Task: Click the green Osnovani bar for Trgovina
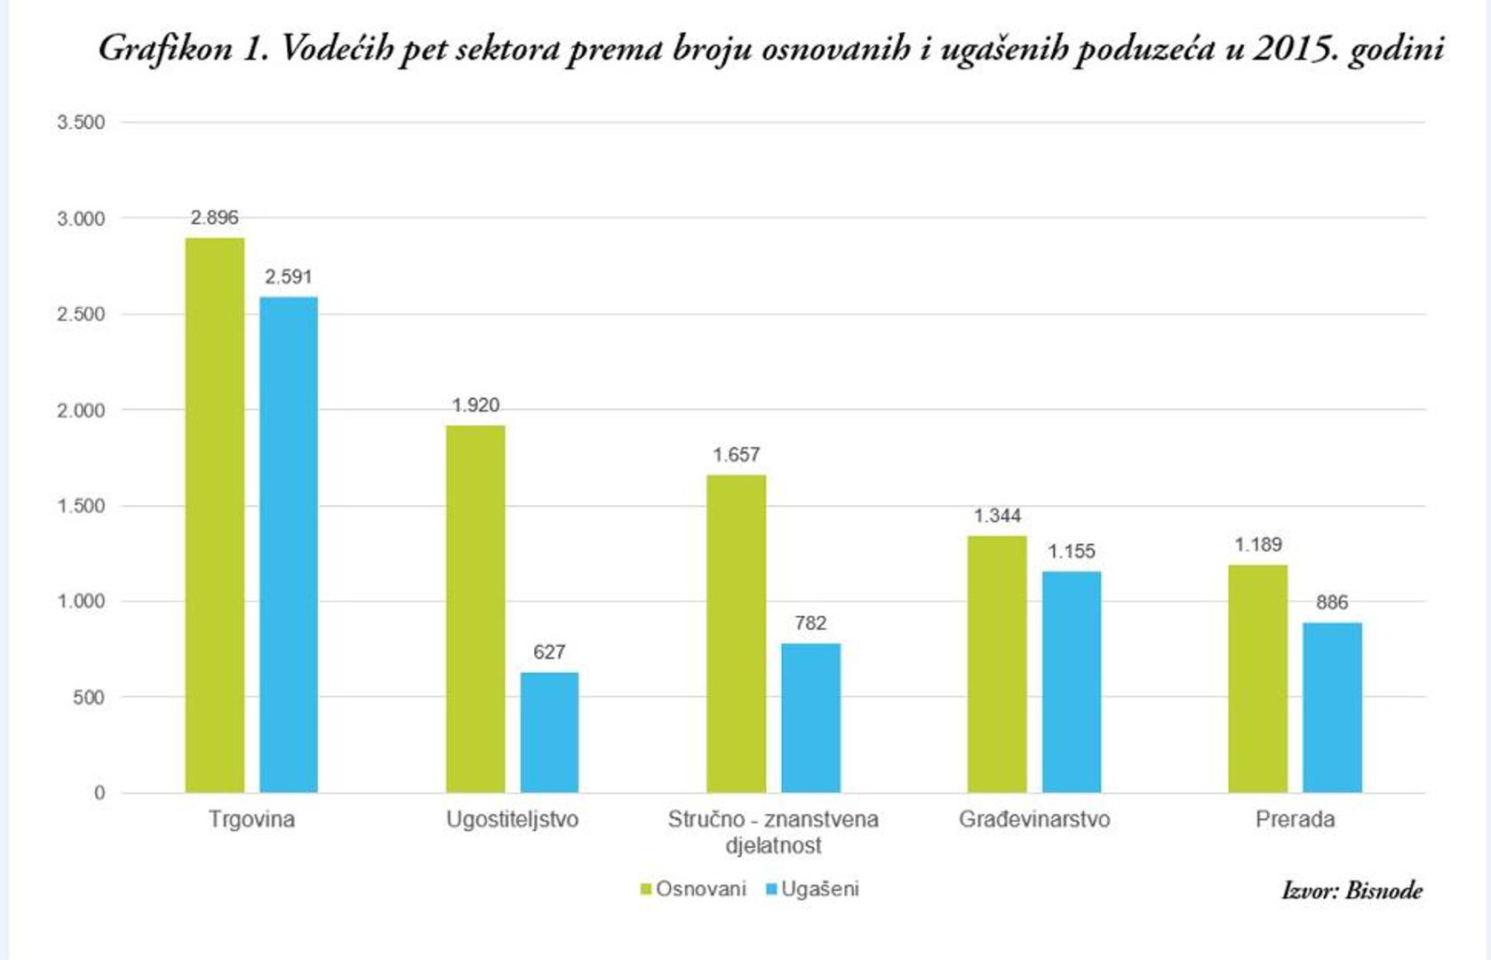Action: point(214,516)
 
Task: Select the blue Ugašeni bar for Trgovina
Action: point(289,544)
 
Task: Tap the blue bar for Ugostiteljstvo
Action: point(549,732)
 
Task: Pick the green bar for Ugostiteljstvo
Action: point(475,609)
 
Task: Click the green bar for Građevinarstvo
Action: point(997,664)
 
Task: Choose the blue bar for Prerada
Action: point(1332,708)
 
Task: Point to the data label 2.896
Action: point(214,218)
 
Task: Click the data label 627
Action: point(549,652)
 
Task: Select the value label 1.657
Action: point(736,455)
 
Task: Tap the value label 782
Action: point(810,623)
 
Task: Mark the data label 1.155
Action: point(1071,551)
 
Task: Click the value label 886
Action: point(1332,603)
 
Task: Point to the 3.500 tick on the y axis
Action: point(81,123)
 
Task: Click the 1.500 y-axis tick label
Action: point(81,507)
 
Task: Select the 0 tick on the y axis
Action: point(100,793)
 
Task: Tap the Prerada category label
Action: point(1295,820)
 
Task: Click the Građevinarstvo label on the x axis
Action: point(1034,820)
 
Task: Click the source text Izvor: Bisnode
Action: point(1351,890)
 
